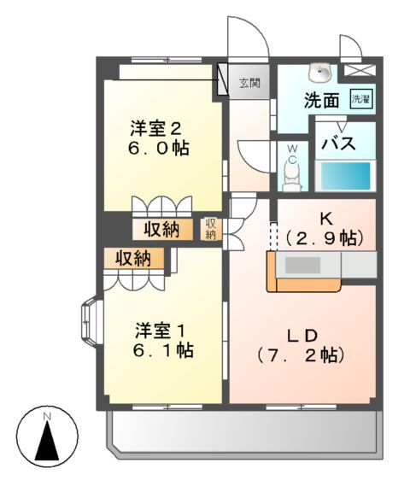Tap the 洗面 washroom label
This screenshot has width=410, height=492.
322,100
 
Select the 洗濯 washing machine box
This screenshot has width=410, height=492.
361,99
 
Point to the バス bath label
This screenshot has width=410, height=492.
338,143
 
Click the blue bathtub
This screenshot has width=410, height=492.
345,176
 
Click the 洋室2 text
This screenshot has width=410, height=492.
155,129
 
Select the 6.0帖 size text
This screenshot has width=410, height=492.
155,148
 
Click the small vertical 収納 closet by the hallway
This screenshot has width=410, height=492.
211,229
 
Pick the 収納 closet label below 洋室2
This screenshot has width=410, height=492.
161,229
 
